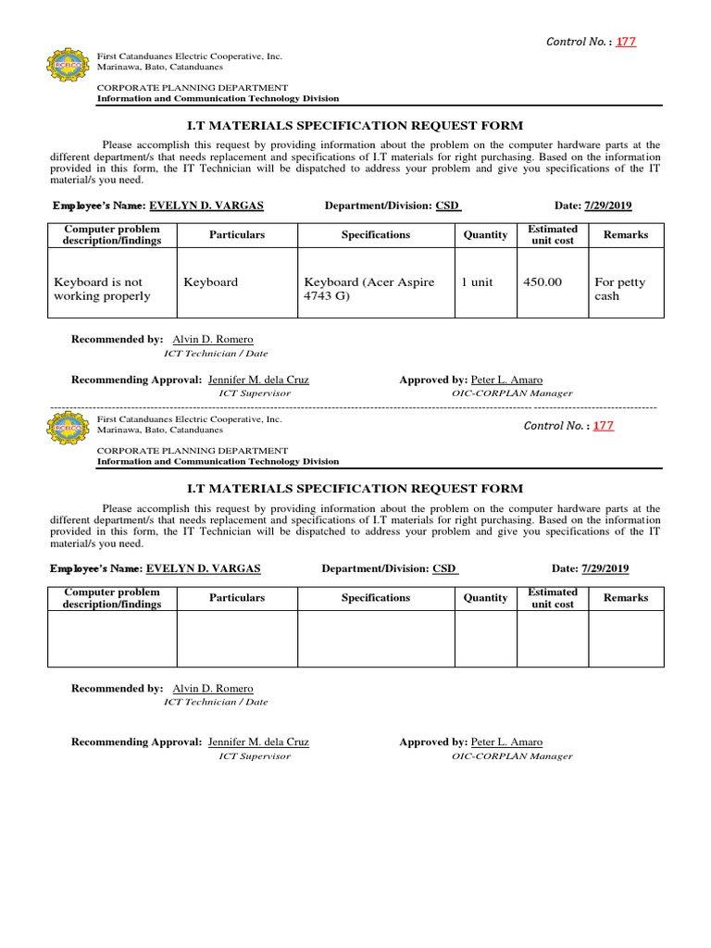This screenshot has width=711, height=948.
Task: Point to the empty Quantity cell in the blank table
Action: [485, 639]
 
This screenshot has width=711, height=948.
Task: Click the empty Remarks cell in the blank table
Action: [626, 639]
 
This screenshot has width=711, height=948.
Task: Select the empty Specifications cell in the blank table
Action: [375, 639]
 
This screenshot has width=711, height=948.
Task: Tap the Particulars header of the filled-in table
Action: [237, 235]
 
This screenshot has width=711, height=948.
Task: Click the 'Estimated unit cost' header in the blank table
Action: [552, 598]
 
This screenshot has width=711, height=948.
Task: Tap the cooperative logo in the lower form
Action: [68, 428]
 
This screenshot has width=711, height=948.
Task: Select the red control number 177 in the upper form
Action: [627, 43]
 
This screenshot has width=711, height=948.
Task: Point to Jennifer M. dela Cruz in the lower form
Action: [258, 742]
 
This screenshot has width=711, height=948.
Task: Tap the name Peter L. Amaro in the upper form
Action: [506, 380]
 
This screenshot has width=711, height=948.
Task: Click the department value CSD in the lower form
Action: [444, 568]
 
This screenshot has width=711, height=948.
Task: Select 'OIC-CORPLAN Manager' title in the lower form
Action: [512, 756]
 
